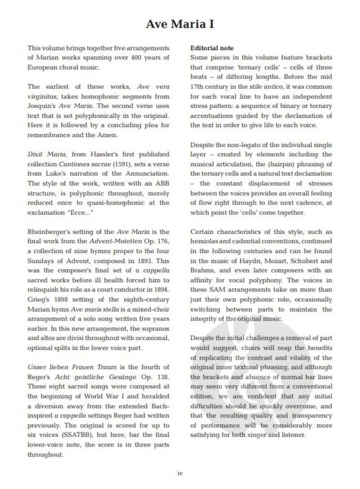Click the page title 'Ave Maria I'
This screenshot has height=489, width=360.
click(179, 24)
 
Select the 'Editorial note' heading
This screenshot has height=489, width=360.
click(212, 48)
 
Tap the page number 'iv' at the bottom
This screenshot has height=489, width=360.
click(179, 473)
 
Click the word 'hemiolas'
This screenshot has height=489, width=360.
click(205, 241)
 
